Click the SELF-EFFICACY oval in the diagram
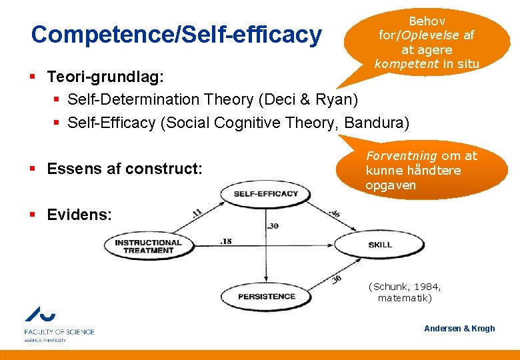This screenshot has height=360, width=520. pos(266,193)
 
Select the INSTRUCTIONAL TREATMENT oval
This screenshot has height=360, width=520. pos(148,246)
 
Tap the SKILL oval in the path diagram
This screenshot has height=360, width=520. pos(380,245)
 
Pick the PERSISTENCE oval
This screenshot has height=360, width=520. pos(267,296)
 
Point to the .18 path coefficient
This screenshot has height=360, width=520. pos(226,241)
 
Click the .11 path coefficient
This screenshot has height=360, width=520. pos(197,213)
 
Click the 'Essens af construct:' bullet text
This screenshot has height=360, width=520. pos(125,169)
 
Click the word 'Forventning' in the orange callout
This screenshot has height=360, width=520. pos(400,156)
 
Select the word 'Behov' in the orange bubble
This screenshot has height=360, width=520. pos(427,21)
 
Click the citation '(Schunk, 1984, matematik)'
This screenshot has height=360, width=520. pos(405,292)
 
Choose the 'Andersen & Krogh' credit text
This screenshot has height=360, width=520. pos(459,328)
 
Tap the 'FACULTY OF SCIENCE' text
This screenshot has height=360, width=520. pos(59,331)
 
